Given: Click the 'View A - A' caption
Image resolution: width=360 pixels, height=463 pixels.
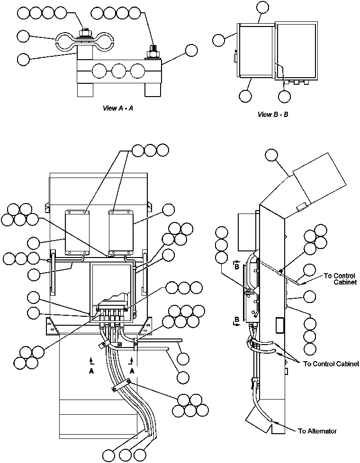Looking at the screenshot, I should pos(118,108).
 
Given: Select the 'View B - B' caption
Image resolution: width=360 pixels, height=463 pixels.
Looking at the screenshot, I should pos(273,114).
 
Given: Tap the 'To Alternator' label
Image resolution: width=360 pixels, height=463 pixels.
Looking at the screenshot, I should pos(317,431).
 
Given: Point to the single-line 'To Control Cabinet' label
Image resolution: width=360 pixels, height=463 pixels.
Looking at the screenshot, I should pos(331,364).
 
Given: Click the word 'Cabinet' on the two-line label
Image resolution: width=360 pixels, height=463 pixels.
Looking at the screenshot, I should pos(346,282).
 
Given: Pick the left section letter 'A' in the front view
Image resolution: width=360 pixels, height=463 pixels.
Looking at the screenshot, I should pos(90,372).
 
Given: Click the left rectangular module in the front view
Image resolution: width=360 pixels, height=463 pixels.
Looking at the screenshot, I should pos(74,231).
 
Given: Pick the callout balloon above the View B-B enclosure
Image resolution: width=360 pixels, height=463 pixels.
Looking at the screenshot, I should pos(262,7).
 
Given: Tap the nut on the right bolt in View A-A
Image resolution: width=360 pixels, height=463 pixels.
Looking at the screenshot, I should pos(153,51).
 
